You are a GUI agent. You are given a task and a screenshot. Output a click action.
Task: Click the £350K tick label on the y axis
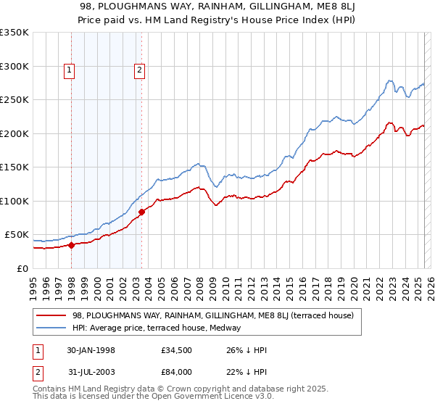(x=14, y=33)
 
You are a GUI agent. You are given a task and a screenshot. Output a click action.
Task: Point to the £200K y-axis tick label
(x=14, y=133)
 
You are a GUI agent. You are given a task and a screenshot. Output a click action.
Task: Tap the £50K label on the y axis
(x=17, y=235)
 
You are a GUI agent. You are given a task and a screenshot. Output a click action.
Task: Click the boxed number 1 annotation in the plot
(x=69, y=70)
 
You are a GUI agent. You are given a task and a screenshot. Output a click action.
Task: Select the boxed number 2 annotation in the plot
(x=138, y=70)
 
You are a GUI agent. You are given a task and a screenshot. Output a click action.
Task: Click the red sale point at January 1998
(x=72, y=245)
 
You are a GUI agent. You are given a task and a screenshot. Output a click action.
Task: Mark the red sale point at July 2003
(x=142, y=212)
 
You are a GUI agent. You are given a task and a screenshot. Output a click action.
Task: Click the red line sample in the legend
(x=51, y=315)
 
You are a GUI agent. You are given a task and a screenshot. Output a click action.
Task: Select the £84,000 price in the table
(x=177, y=372)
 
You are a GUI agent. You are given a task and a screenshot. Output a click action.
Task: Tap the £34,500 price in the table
(x=177, y=350)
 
